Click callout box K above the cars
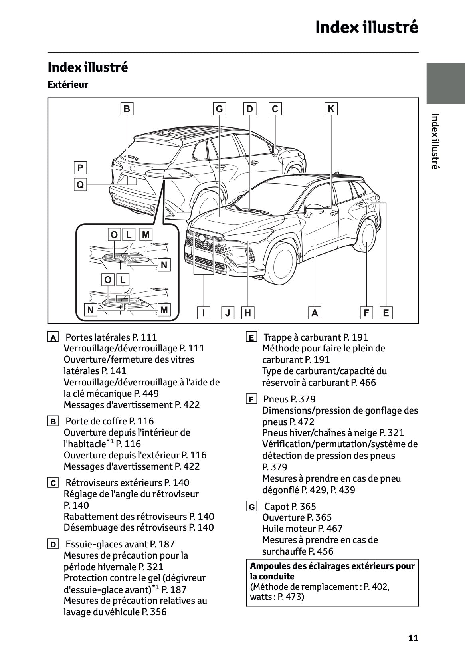(331, 109)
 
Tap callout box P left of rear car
(80, 168)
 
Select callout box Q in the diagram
(80, 185)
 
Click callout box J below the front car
(228, 313)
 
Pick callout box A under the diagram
(315, 313)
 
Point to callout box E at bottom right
(386, 313)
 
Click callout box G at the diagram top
(219, 109)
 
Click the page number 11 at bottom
(413, 638)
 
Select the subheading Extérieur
(68, 85)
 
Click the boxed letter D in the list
(52, 544)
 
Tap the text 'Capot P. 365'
(290, 507)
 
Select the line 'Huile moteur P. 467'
(302, 529)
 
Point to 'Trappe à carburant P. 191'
(316, 337)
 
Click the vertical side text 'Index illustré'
(435, 141)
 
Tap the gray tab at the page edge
(445, 83)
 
